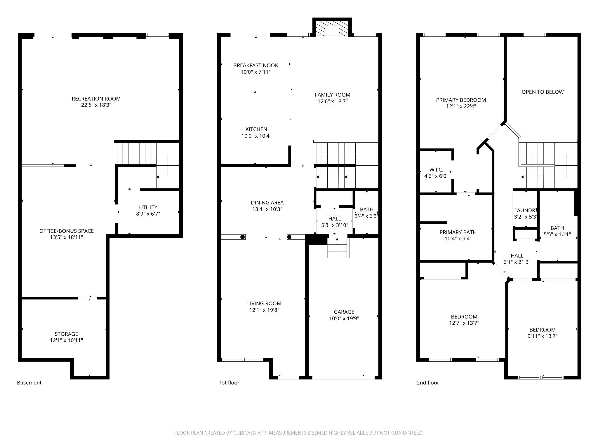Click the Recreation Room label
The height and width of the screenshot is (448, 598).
(96, 99)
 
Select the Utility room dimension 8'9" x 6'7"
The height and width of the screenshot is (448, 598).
(148, 214)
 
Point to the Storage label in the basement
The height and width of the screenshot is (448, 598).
(66, 334)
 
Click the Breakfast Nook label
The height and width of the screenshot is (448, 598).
(255, 65)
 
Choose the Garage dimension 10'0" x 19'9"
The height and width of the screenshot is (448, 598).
(344, 318)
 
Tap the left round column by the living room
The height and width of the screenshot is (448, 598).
(242, 237)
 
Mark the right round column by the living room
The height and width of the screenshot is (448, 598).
(289, 237)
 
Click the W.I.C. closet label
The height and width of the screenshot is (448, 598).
(436, 170)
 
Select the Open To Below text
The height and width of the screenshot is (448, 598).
(543, 92)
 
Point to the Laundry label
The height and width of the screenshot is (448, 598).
(526, 210)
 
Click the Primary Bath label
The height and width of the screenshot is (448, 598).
(458, 232)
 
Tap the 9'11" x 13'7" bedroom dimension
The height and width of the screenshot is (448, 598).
(542, 336)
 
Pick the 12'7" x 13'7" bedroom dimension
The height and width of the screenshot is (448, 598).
(464, 323)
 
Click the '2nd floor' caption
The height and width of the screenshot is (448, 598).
(428, 383)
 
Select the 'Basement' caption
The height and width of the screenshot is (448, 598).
(29, 383)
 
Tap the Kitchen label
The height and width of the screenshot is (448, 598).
(256, 129)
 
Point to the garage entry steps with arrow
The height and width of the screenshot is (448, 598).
(338, 248)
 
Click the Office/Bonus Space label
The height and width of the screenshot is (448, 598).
(66, 231)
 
